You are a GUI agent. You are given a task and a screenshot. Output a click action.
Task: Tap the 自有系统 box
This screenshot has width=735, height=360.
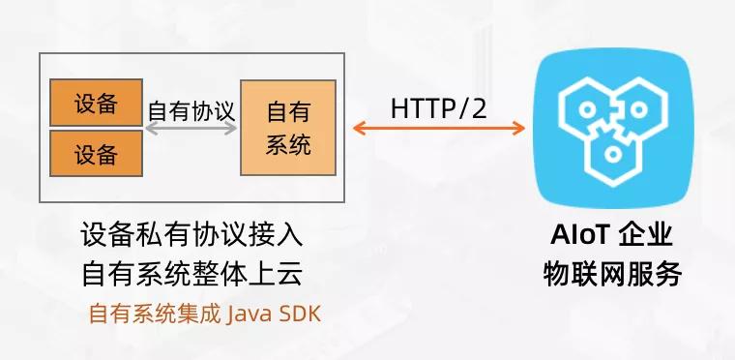(x=287, y=128)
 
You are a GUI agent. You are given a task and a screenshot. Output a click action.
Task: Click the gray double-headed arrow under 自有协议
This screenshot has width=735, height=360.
(x=191, y=127)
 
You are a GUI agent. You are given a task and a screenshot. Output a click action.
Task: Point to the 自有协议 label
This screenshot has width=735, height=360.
(x=191, y=108)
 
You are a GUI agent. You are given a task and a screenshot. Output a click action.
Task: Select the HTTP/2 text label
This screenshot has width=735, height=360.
(x=438, y=107)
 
